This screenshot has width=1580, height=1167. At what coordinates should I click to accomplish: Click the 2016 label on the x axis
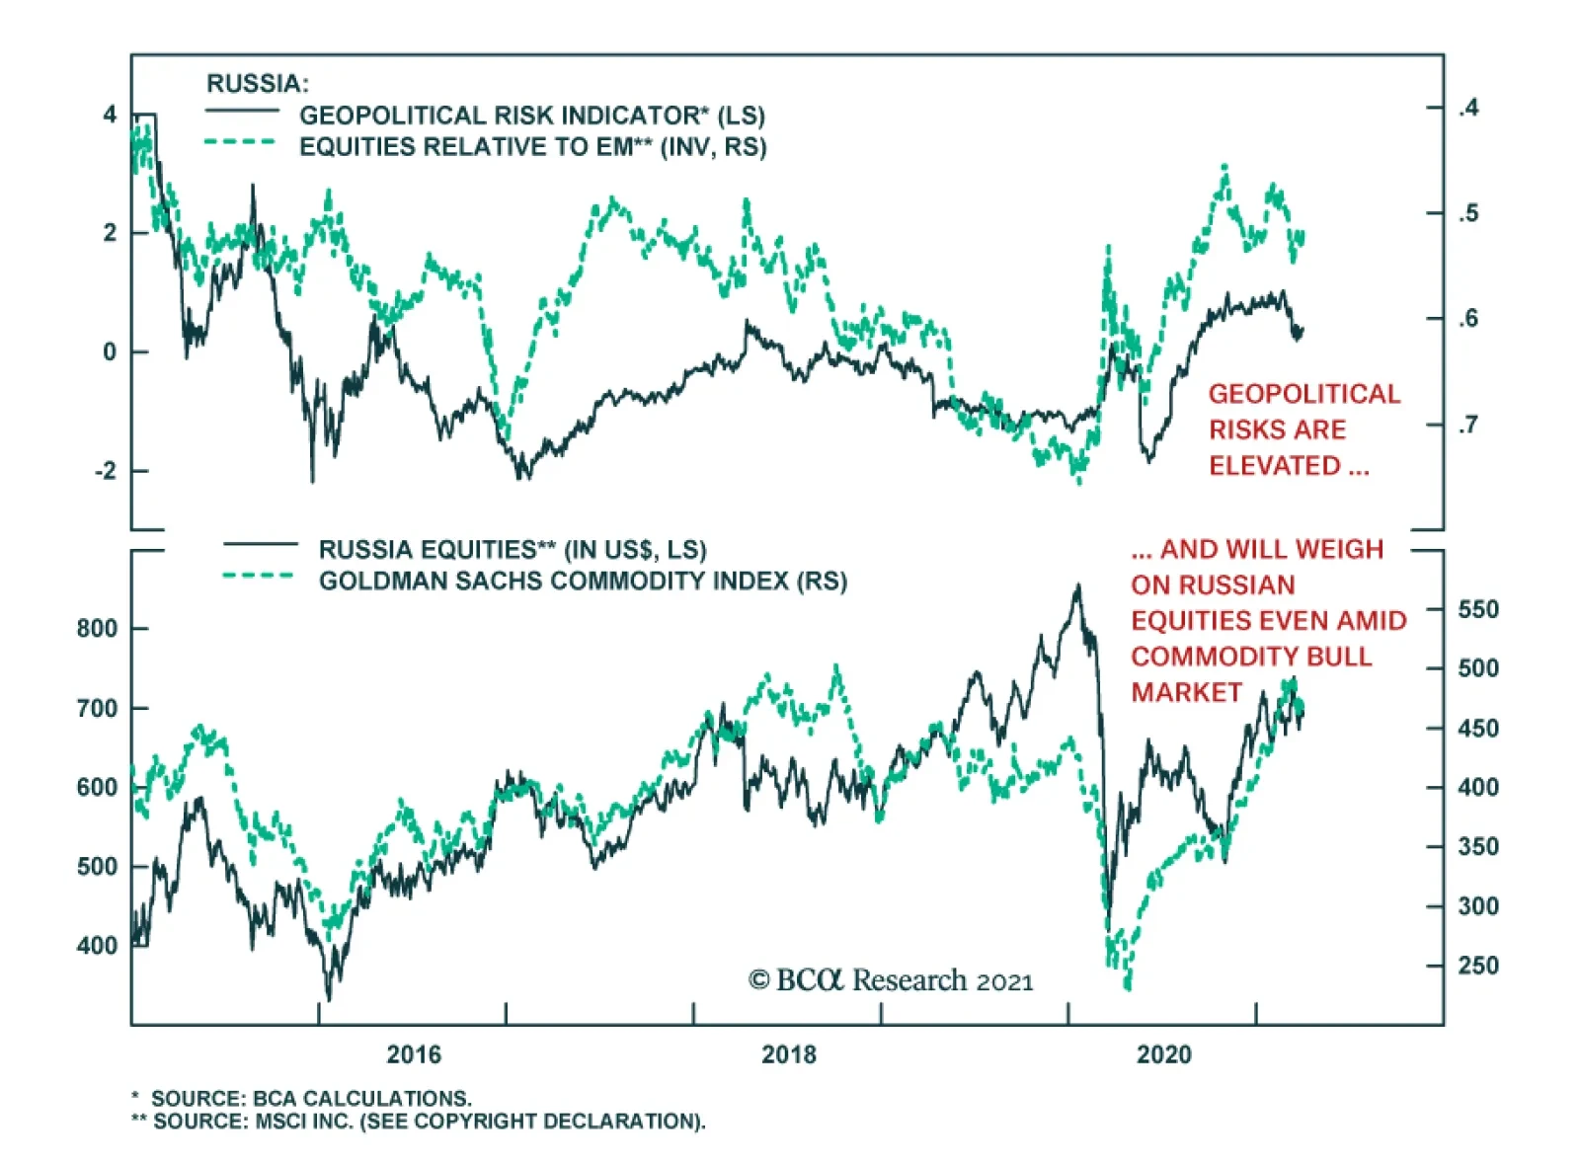point(414,1054)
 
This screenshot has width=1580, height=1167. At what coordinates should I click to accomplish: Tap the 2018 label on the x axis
point(789,1054)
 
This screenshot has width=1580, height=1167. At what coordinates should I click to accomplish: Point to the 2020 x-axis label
point(1164,1054)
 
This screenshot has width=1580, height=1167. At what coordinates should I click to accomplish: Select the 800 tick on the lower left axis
point(97,628)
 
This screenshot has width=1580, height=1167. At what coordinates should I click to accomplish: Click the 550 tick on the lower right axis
point(1478,609)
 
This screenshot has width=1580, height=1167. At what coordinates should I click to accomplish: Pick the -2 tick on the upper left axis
point(106,471)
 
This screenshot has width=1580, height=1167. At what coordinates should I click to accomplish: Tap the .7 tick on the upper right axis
point(1468,425)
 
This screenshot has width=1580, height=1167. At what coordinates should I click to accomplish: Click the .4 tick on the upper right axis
point(1468,107)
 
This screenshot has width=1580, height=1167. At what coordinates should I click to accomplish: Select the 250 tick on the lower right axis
point(1478,966)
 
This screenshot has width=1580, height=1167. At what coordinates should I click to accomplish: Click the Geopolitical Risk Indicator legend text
point(532,116)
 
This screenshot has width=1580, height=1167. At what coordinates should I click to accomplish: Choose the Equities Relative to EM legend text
point(533,147)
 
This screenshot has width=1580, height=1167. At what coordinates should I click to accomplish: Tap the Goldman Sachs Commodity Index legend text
point(583,581)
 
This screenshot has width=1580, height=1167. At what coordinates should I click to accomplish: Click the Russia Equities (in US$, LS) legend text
point(513,549)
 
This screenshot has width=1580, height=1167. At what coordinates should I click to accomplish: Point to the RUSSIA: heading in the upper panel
point(257,84)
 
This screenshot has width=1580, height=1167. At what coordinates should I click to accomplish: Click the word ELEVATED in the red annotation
point(1275,466)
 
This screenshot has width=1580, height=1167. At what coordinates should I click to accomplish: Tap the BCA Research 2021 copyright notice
point(891,980)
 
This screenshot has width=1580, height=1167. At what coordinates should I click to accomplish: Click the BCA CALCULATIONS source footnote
point(310,1098)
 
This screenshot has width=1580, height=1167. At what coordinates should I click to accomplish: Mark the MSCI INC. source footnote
point(429,1122)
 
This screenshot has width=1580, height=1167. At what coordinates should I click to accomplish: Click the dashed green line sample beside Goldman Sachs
point(258,577)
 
